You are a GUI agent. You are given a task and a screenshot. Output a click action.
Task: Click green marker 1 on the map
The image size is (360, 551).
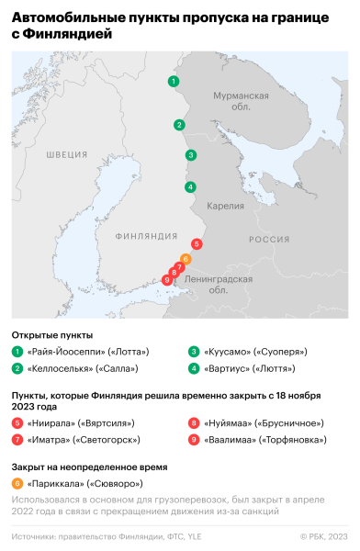point(173,82)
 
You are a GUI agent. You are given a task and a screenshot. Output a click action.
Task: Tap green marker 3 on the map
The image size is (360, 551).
point(190,155)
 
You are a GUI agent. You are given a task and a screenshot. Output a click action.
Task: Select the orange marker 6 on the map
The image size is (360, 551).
point(186,258)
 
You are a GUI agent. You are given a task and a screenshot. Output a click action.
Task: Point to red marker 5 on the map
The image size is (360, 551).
point(197,244)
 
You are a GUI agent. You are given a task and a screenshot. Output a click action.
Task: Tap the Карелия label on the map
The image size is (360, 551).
point(225,206)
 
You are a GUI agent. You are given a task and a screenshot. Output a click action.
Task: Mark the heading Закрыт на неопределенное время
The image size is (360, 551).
point(88,466)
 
